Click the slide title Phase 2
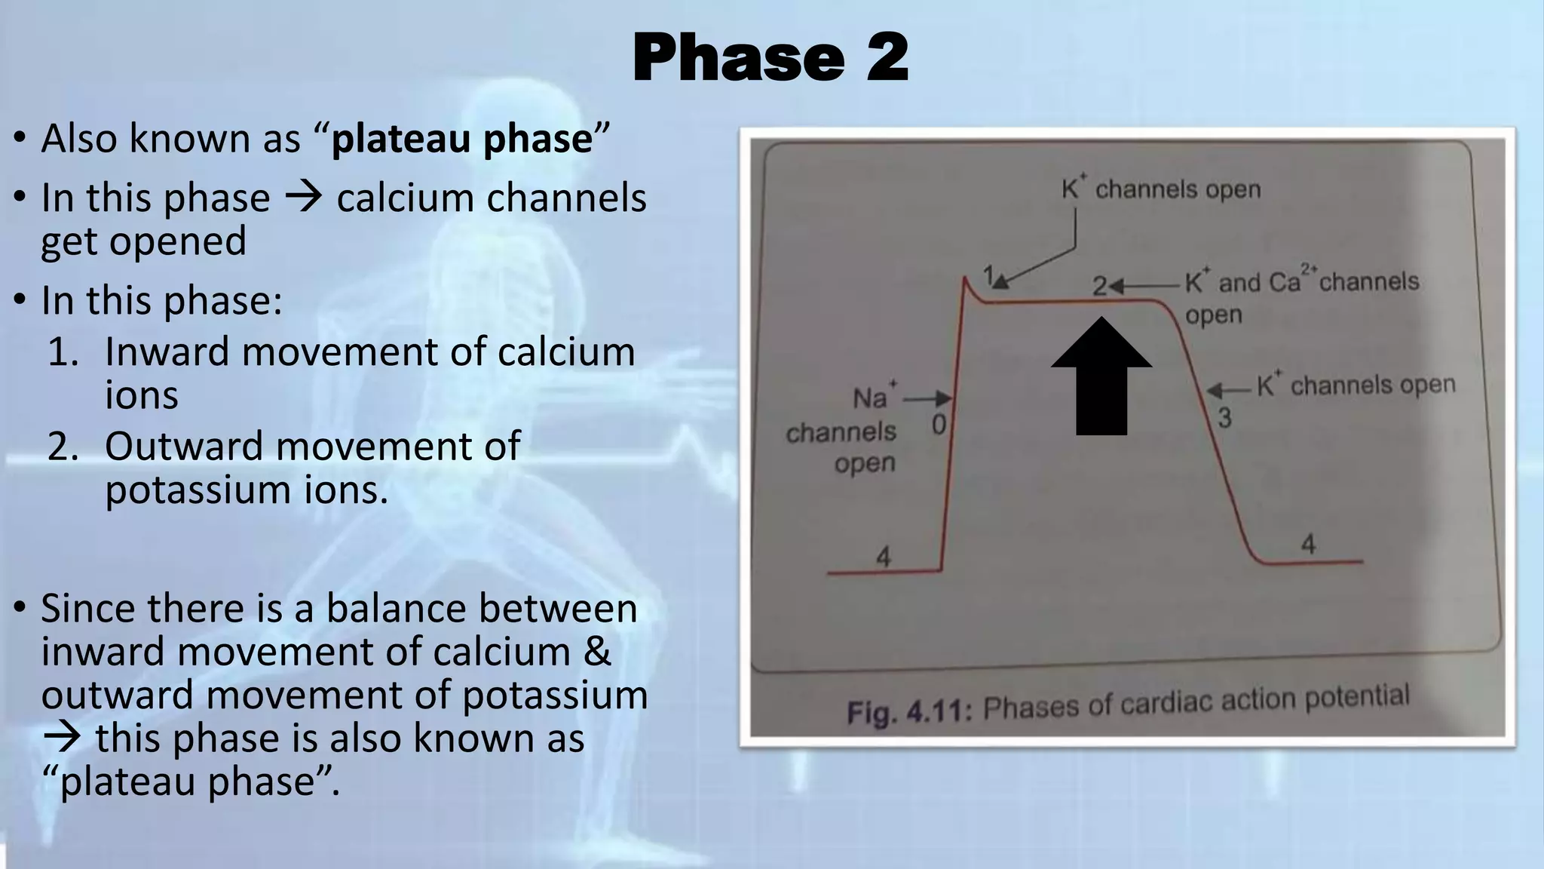coord(770,57)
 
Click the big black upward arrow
coord(1101,375)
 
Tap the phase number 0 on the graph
coord(939,425)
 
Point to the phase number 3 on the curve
coord(1224,417)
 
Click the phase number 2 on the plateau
coord(1100,286)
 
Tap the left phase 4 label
coord(883,557)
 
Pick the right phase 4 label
coord(1308,544)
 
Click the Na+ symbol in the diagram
coord(873,396)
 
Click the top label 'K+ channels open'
coord(1161,189)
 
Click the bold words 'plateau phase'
coord(462,139)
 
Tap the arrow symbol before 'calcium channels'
coord(304,198)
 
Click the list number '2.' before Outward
coord(63,446)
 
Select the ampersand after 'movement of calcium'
coord(597,651)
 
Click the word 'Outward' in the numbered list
coord(184,446)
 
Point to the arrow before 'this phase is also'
coord(62,738)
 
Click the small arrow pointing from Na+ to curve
coord(928,398)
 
